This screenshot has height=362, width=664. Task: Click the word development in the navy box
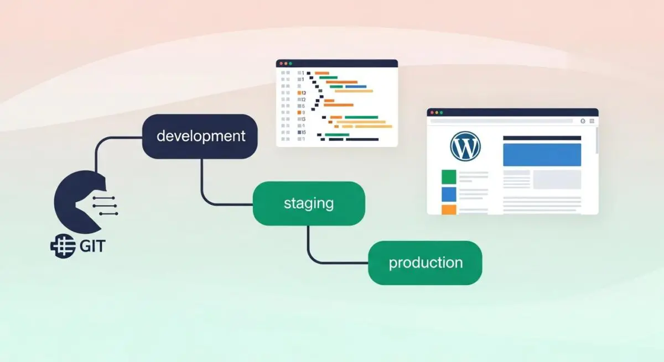[x=201, y=137]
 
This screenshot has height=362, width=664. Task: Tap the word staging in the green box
[x=309, y=203]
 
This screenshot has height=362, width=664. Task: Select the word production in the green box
[x=426, y=263]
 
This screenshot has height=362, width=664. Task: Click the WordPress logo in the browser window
[x=465, y=146]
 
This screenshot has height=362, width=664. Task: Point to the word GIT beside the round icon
[x=92, y=246]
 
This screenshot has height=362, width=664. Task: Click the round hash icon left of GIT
[x=63, y=246]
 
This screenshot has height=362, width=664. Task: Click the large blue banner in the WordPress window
[x=542, y=155]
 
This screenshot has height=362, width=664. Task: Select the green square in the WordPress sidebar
[x=449, y=177]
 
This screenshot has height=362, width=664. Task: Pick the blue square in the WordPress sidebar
[x=449, y=194]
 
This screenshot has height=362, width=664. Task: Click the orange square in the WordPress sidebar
[x=449, y=209]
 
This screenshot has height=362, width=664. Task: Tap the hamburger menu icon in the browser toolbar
[x=592, y=121]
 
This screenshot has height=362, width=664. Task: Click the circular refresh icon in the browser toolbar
[x=583, y=121]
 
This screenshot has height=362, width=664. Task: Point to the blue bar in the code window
[x=356, y=87]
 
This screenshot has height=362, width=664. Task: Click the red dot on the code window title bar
[x=281, y=64]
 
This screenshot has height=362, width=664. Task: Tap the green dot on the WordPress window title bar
[x=442, y=113]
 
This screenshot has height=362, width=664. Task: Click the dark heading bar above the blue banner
[x=542, y=138]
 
